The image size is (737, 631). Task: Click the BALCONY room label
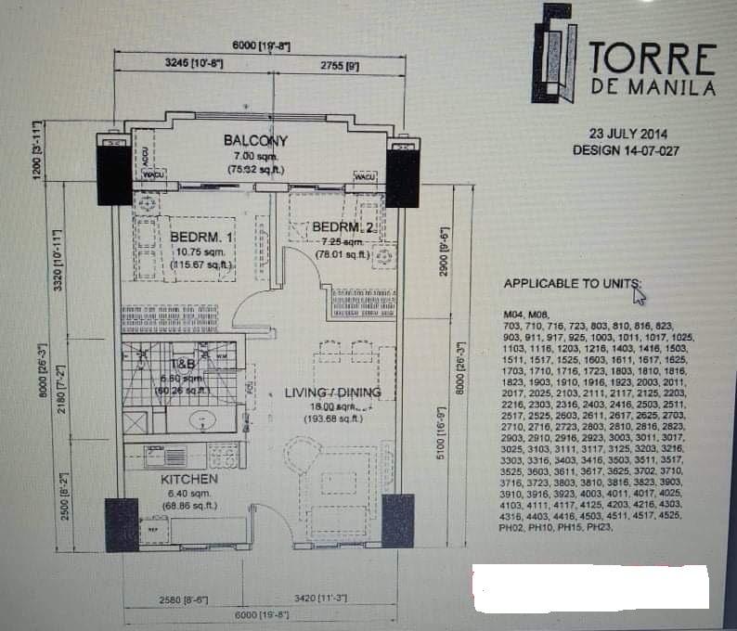(255, 141)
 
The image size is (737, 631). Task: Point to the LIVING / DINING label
(332, 393)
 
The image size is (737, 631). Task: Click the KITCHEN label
(189, 479)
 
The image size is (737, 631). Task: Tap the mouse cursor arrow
(639, 295)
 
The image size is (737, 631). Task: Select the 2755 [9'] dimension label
(340, 66)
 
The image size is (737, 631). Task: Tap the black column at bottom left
(122, 525)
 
